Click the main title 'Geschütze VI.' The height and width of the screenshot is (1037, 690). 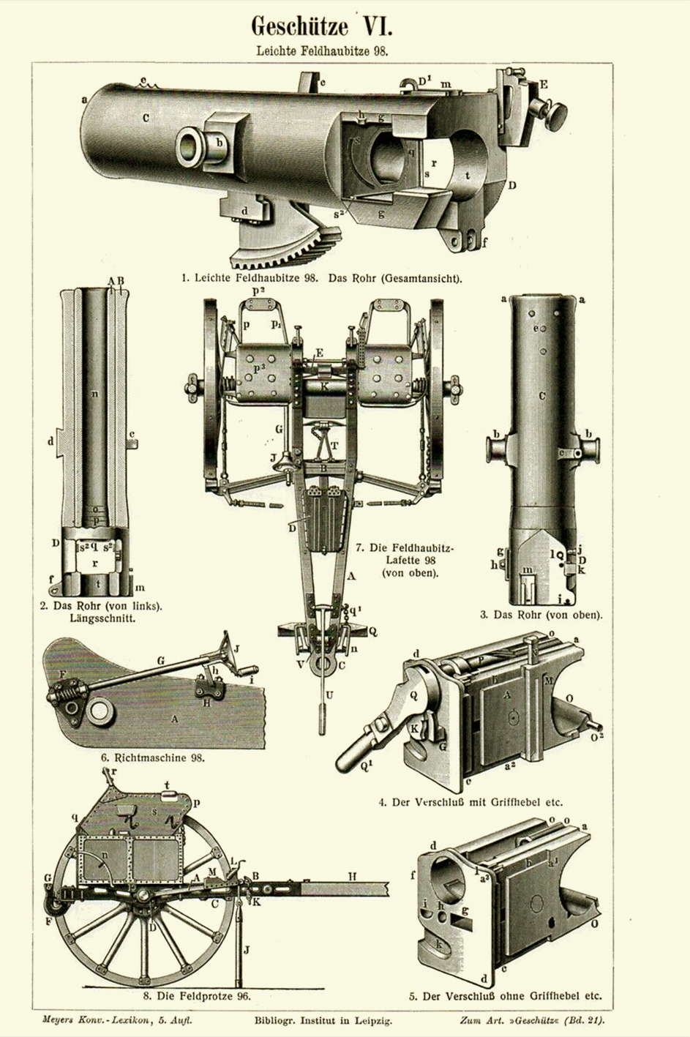pyautogui.click(x=321, y=27)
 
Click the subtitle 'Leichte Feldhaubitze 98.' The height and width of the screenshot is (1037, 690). pyautogui.click(x=321, y=52)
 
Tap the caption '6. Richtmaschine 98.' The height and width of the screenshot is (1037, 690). pyautogui.click(x=153, y=758)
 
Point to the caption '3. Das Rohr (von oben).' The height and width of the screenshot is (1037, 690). pyautogui.click(x=541, y=615)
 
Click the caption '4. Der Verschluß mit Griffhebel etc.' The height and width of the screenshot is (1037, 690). pyautogui.click(x=470, y=802)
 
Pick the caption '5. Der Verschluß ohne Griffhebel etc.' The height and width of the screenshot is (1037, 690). pyautogui.click(x=505, y=995)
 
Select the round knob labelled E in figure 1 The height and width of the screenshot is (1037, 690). pyautogui.click(x=556, y=113)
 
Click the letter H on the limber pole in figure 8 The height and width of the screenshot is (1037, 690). pyautogui.click(x=352, y=876)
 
